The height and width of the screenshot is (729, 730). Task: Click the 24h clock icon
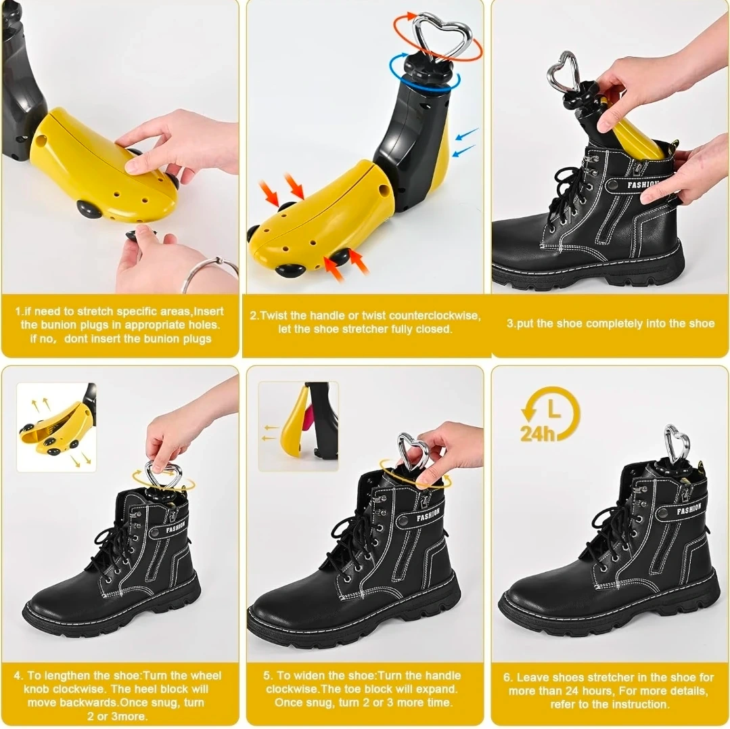(x=550, y=413)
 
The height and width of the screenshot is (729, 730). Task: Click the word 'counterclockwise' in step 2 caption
(x=434, y=315)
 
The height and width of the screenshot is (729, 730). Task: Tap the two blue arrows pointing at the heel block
(x=465, y=142)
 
